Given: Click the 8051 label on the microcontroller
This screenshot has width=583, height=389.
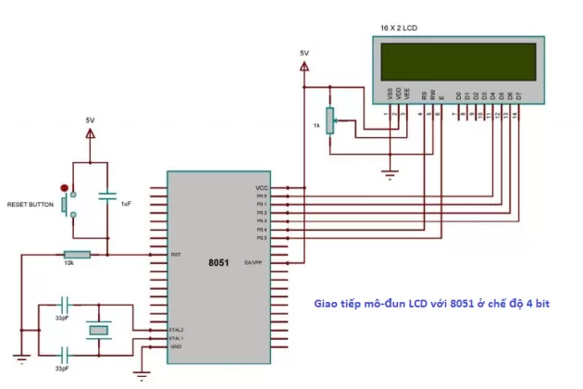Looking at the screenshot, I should (218, 262).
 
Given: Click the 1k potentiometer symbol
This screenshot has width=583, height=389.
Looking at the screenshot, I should (329, 121).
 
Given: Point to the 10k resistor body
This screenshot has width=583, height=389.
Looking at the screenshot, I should (77, 254).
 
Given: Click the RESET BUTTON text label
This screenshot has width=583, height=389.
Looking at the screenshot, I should (31, 204).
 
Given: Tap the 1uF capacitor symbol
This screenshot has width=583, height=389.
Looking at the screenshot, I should (107, 198).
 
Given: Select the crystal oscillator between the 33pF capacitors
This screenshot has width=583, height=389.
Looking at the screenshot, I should (98, 329).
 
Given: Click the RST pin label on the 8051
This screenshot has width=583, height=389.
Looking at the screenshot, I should (176, 255).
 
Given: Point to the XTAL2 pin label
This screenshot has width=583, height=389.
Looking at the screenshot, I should (178, 330).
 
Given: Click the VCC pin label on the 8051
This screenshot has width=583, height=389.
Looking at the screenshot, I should (261, 187).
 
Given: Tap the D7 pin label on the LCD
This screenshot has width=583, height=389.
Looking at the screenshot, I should (518, 94).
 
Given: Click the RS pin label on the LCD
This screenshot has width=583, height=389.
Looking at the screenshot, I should (424, 94).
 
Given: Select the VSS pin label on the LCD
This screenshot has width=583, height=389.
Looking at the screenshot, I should (389, 94).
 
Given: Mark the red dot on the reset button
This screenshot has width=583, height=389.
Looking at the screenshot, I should (64, 187).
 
